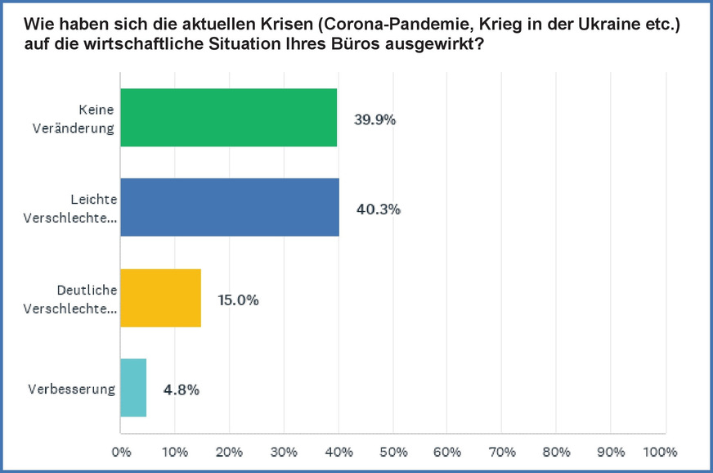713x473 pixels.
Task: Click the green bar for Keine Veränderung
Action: click(x=228, y=118)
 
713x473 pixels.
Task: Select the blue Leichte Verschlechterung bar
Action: click(x=230, y=208)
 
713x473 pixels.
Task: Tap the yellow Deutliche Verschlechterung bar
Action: click(x=160, y=298)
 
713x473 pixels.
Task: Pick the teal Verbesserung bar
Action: click(x=133, y=388)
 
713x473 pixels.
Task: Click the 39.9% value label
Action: click(x=374, y=119)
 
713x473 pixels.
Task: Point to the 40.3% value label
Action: click(x=378, y=209)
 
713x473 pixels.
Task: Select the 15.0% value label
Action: click(x=238, y=300)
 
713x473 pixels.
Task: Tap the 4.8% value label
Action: click(x=182, y=390)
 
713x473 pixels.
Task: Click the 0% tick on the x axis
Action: click(x=121, y=451)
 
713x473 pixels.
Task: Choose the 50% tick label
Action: click(x=393, y=451)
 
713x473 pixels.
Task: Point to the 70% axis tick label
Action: click(x=502, y=451)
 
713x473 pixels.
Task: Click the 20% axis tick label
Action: click(x=230, y=451)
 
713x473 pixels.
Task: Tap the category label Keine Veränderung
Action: click(x=84, y=119)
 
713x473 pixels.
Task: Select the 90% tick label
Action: click(x=611, y=451)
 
